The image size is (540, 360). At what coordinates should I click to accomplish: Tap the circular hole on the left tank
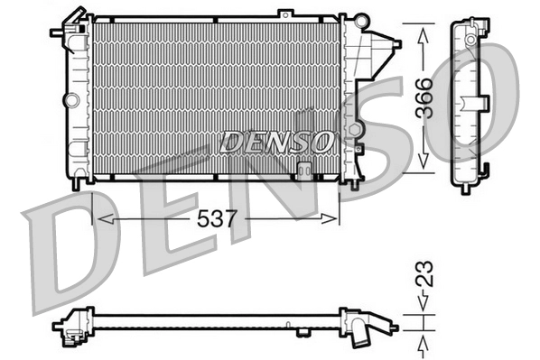[x=71, y=96]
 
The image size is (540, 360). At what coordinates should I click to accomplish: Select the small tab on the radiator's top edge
[x=285, y=13]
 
